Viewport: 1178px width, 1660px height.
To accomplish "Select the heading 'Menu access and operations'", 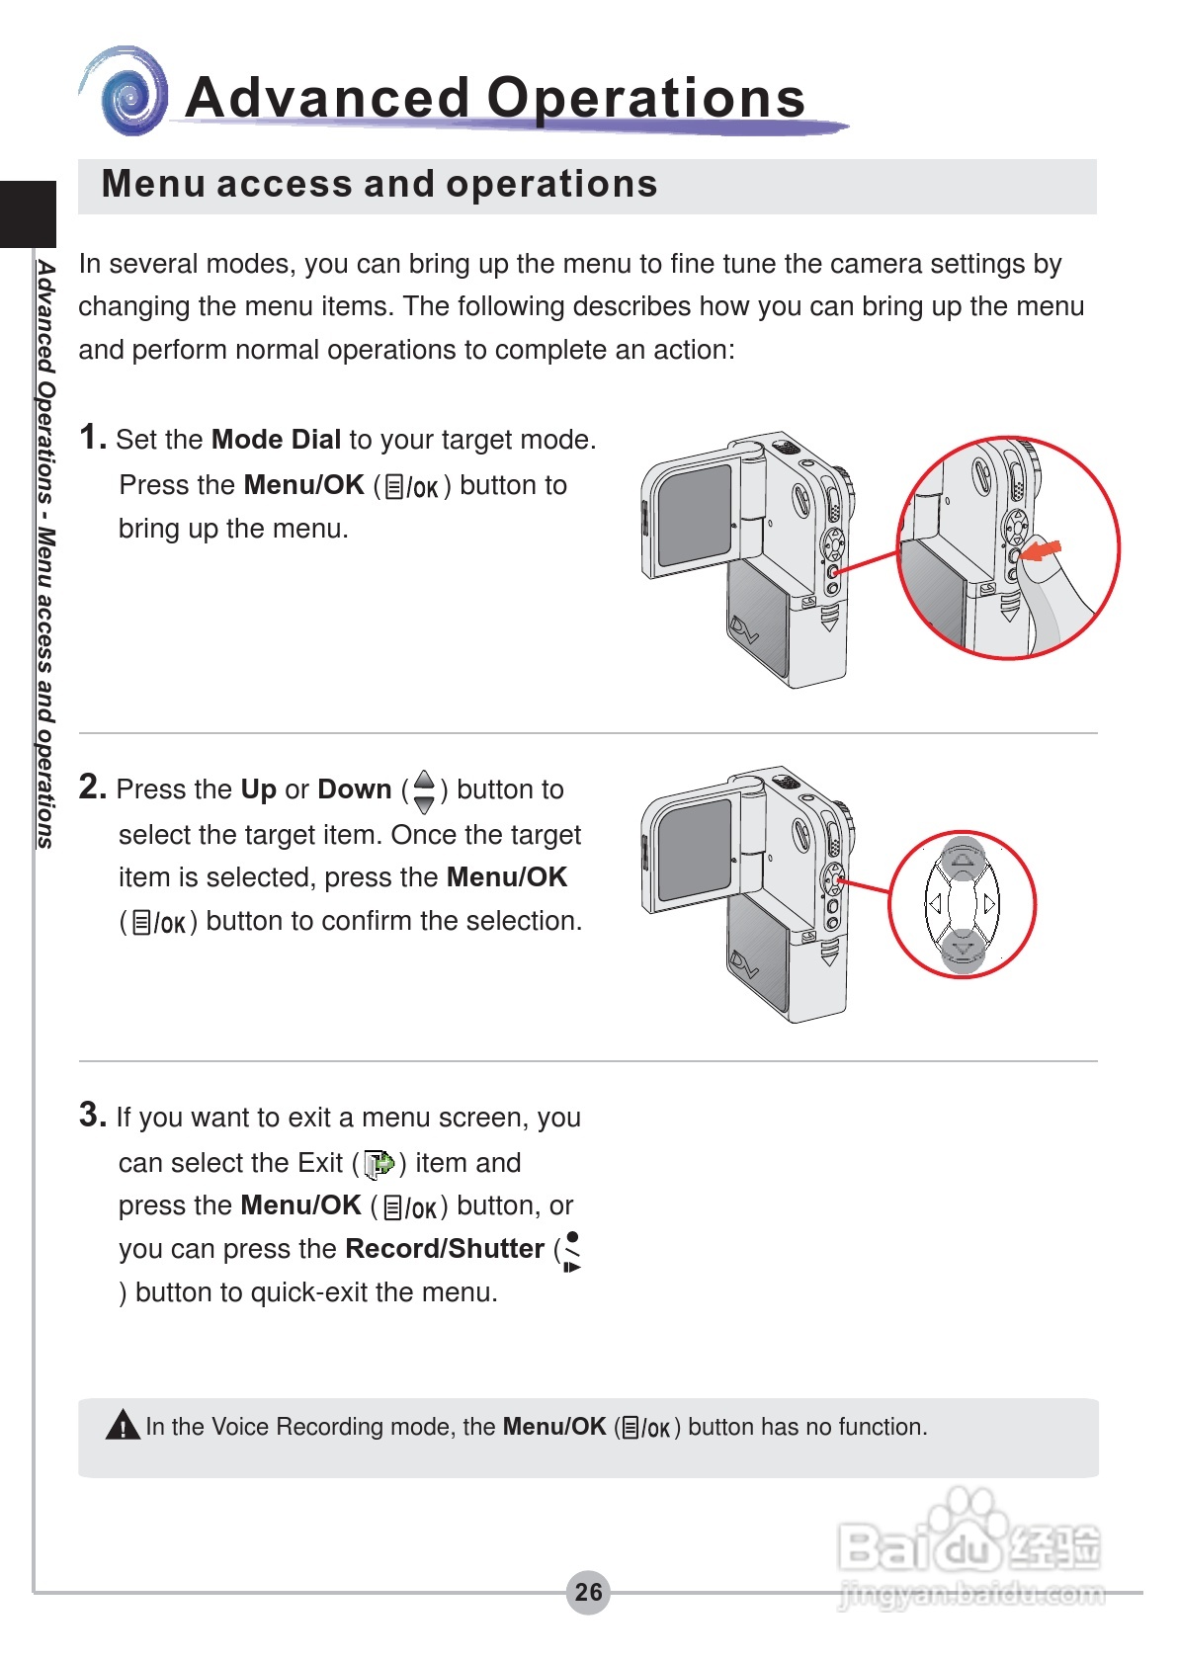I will click(x=379, y=185).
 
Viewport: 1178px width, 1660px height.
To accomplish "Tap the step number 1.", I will click(x=92, y=437).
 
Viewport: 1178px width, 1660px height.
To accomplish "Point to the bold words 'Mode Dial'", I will click(x=276, y=440).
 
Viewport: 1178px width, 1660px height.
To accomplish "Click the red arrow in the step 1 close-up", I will click(x=1043, y=549).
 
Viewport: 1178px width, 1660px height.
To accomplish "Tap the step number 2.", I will click(x=92, y=787).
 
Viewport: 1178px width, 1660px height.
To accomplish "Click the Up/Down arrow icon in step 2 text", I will click(x=424, y=790).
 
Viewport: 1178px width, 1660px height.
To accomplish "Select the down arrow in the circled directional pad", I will click(x=962, y=950).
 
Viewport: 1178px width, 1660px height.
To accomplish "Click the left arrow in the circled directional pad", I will click(x=933, y=903).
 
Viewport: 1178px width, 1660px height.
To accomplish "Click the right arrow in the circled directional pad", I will click(x=989, y=903).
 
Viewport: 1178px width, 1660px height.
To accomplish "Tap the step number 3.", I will click(x=92, y=1115).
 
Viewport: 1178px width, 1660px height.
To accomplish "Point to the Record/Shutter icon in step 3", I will click(x=571, y=1252).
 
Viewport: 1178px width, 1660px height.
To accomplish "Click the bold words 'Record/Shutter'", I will click(x=445, y=1249).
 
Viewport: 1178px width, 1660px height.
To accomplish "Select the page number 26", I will click(x=588, y=1592).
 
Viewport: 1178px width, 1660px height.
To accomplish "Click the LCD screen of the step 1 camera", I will click(x=694, y=514).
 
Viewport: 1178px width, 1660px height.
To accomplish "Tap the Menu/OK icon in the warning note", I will click(x=645, y=1428).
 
